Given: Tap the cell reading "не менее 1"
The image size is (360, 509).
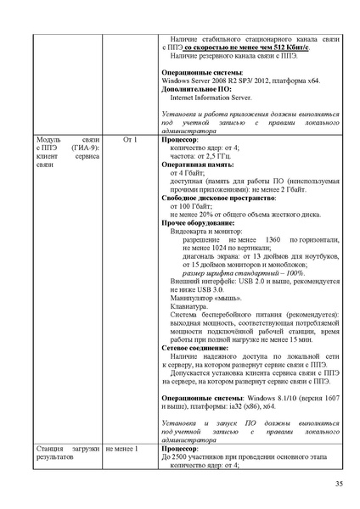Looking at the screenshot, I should (122, 447).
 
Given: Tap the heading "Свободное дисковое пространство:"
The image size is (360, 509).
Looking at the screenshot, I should (223, 198).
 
